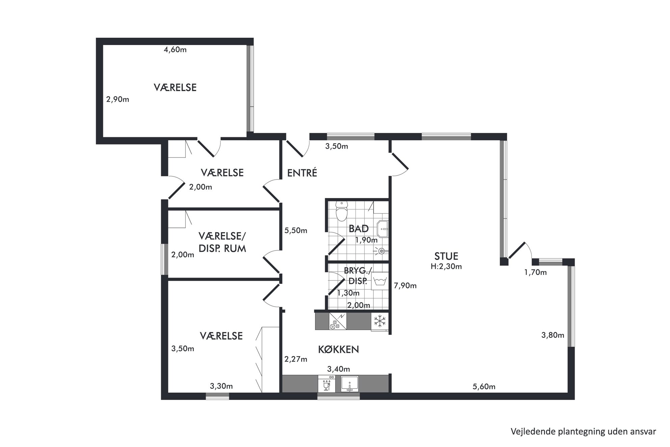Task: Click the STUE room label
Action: click(446, 256)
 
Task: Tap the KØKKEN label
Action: click(338, 349)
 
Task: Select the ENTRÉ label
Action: click(302, 173)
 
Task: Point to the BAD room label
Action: click(359, 229)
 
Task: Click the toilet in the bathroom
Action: click(342, 211)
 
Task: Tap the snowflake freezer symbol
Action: click(380, 321)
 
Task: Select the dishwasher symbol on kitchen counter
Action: click(327, 384)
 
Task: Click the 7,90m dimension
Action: click(405, 286)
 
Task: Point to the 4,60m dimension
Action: click(175, 50)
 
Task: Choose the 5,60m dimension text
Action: click(484, 387)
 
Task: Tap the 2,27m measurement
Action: click(296, 359)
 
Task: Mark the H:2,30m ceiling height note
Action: click(446, 266)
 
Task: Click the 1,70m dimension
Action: click(535, 272)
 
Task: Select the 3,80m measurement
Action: click(553, 335)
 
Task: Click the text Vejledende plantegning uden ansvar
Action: click(583, 431)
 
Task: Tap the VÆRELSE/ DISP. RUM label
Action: click(222, 242)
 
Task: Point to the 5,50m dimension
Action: click(296, 230)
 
